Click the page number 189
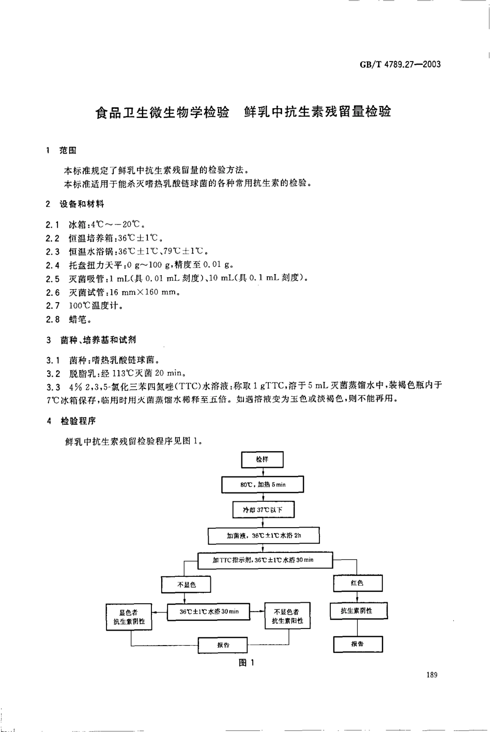point(432,675)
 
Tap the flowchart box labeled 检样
point(263,459)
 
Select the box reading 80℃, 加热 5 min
point(263,484)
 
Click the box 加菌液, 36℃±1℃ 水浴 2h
point(263,535)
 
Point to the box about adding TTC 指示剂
point(263,560)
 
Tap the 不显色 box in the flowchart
point(187,584)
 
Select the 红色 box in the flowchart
point(357,583)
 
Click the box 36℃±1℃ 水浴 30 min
point(209,611)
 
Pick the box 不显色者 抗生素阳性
point(287,616)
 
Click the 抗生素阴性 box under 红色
point(357,611)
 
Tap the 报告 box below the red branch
point(357,644)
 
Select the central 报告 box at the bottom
point(223,645)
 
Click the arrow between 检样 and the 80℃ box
point(263,472)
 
